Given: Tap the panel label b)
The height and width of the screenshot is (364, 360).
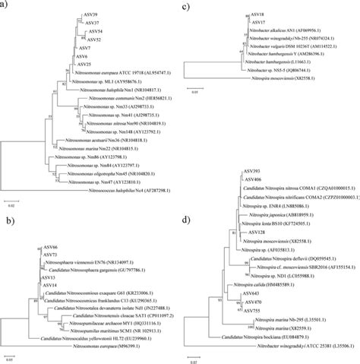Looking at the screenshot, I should tap(7, 223).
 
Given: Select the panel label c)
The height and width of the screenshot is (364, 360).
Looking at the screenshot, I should tap(186, 6).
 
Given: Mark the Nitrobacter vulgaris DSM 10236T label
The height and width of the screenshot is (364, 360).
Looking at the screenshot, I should tap(298, 47).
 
